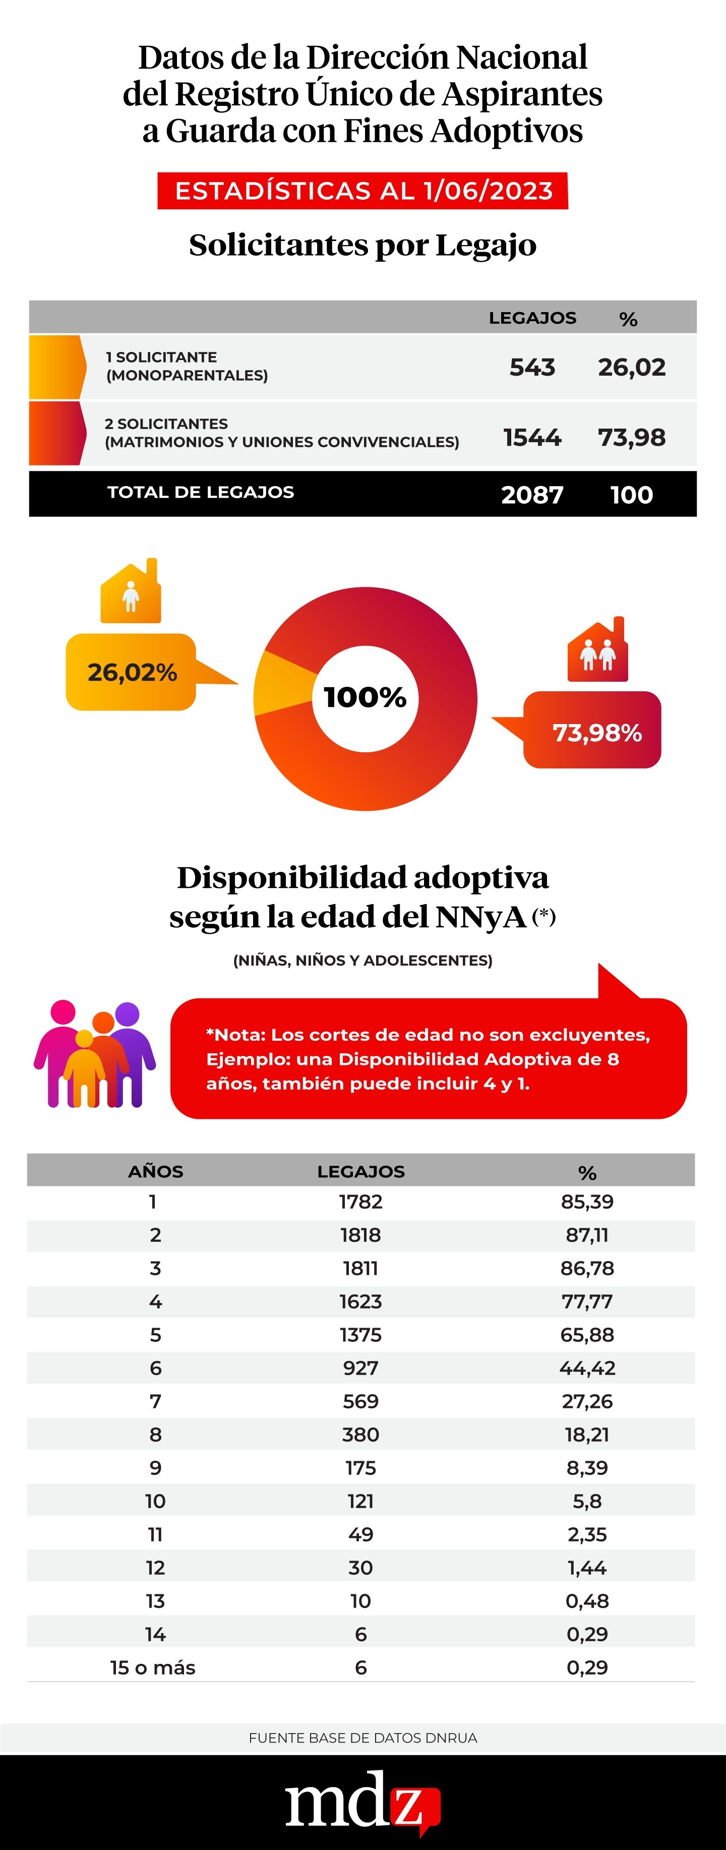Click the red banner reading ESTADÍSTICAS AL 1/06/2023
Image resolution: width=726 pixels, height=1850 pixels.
[362, 191]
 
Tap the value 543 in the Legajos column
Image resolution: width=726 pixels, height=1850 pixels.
[532, 367]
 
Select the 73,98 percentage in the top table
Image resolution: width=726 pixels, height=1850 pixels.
[632, 437]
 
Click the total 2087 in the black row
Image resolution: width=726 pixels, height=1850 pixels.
[532, 495]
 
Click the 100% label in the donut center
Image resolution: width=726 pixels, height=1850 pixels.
[365, 697]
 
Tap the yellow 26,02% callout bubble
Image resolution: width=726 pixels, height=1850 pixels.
[132, 672]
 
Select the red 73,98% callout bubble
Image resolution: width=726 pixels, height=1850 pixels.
[596, 732]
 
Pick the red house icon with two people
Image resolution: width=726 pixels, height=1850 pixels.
[598, 650]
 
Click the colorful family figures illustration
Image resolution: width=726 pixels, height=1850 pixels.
[95, 1053]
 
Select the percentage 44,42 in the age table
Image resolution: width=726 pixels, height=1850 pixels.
[587, 1368]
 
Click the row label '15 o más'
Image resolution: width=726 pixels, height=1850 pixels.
[153, 1667]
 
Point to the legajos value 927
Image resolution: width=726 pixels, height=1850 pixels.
[360, 1368]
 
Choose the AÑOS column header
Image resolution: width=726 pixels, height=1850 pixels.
[156, 1171]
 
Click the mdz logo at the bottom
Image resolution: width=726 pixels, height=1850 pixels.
[362, 1802]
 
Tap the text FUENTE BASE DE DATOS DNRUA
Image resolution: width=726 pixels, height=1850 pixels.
[362, 1738]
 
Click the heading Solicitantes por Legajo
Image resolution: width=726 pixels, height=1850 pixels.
[362, 246]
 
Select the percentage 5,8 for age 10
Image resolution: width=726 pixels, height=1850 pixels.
[587, 1501]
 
